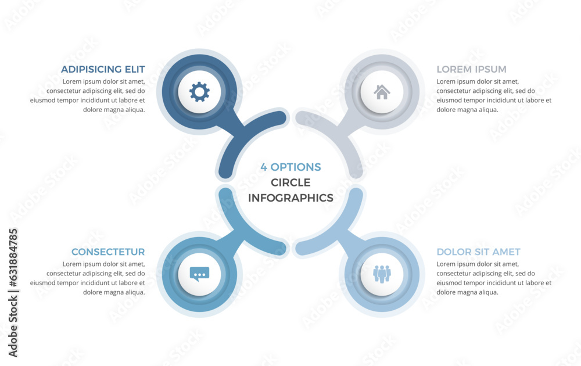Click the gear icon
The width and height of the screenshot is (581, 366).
pyautogui.click(x=199, y=92)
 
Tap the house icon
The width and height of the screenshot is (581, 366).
pyautogui.click(x=382, y=92)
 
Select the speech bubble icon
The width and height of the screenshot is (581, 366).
pyautogui.click(x=199, y=274)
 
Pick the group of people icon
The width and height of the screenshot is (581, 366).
pyautogui.click(x=382, y=274)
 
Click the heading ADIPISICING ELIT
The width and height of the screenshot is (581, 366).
pyautogui.click(x=103, y=69)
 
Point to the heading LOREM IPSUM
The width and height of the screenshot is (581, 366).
pyautogui.click(x=471, y=69)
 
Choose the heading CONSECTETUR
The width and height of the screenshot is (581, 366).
pyautogui.click(x=108, y=252)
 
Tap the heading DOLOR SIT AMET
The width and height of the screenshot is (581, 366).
pyautogui.click(x=478, y=252)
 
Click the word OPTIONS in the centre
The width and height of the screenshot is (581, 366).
pyautogui.click(x=296, y=167)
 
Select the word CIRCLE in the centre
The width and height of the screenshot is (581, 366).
pyautogui.click(x=290, y=182)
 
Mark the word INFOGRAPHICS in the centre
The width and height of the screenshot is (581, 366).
pyautogui.click(x=290, y=198)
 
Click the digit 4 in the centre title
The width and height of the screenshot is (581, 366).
pyautogui.click(x=263, y=167)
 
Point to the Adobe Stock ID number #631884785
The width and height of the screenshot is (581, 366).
pyautogui.click(x=13, y=258)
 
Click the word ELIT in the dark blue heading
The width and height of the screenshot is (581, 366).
pyautogui.click(x=135, y=69)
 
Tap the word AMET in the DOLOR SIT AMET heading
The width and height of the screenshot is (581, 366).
pyautogui.click(x=507, y=252)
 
